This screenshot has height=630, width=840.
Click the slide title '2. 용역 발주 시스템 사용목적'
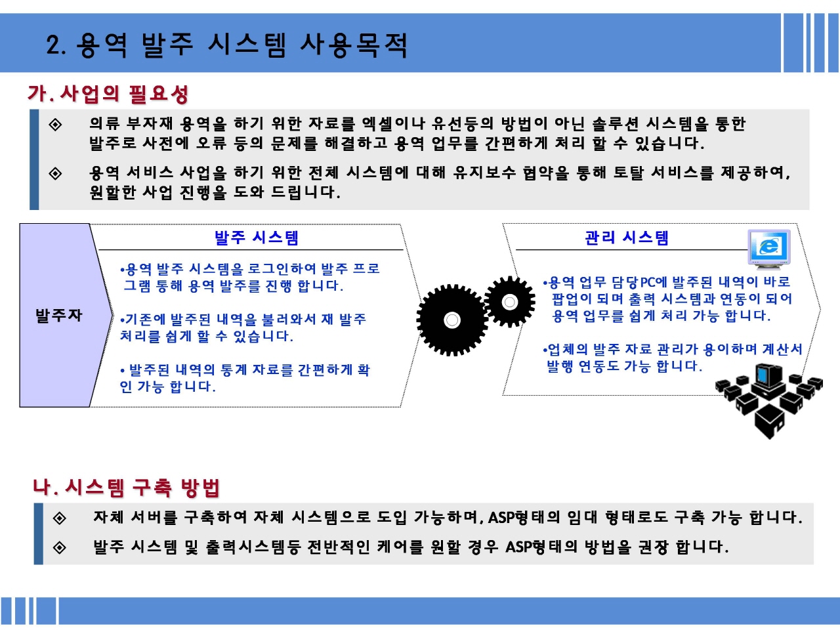[227, 45]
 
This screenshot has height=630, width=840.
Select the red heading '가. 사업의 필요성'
[108, 94]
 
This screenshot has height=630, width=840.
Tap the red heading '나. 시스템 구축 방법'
[126, 488]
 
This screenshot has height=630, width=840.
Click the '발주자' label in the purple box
[59, 316]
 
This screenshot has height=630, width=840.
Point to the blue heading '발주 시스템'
[256, 238]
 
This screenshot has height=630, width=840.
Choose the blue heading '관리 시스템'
[627, 238]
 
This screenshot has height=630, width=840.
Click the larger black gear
[452, 320]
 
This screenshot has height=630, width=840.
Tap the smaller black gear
[510, 302]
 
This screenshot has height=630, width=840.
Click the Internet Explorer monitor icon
[769, 249]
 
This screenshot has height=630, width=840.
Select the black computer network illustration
[769, 400]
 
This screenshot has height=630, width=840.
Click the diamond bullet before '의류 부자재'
[56, 124]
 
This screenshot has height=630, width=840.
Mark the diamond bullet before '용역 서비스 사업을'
[56, 174]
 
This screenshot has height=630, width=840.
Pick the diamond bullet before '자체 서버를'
[60, 518]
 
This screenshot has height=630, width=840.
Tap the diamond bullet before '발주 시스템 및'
[60, 548]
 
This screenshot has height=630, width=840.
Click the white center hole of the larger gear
[452, 320]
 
